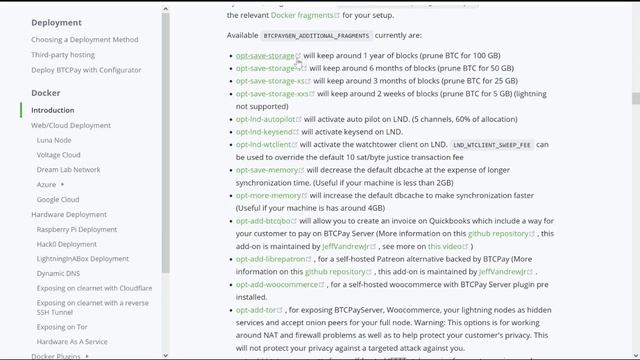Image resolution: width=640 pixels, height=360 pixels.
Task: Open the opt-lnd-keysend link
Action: [264, 131]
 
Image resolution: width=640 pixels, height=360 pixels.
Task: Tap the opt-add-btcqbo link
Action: [263, 220]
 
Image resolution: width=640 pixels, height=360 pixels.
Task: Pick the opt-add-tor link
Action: [256, 310]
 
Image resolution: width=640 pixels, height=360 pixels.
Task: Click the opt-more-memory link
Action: [267, 195]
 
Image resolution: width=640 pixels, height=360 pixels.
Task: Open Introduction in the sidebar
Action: [52, 110]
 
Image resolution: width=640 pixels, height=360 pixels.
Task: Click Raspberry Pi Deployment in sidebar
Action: [77, 229]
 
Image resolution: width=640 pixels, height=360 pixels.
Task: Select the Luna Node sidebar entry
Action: [54, 140]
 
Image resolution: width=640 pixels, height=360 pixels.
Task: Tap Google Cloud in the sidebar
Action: [58, 199]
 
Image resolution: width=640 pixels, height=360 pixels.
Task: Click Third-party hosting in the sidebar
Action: [63, 55]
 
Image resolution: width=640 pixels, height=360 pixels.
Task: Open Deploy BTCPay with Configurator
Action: [85, 70]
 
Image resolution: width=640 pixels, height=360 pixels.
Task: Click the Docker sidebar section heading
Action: [46, 92]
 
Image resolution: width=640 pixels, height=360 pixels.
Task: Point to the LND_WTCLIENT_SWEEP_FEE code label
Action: [492, 145]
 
